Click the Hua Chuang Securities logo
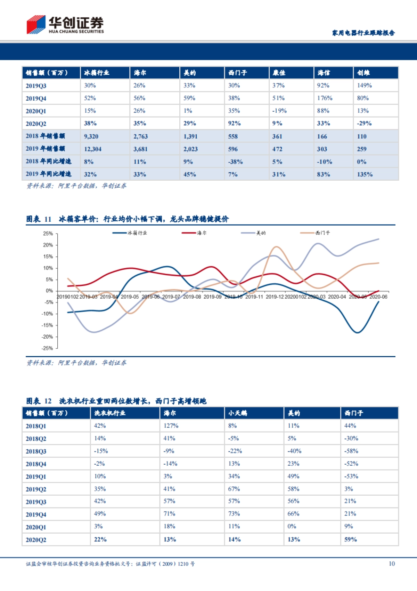[65, 24]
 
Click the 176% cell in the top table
[325, 98]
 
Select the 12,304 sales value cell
[93, 149]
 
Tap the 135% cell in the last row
[365, 174]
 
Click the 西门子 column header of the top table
[237, 73]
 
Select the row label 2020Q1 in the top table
[36, 111]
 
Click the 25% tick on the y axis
[48, 234]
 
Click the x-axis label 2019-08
[192, 297]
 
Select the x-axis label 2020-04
[337, 297]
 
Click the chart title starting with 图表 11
[127, 219]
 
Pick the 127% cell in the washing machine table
[171, 426]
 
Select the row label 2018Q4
[36, 464]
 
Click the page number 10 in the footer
[392, 564]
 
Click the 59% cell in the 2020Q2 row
[350, 539]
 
